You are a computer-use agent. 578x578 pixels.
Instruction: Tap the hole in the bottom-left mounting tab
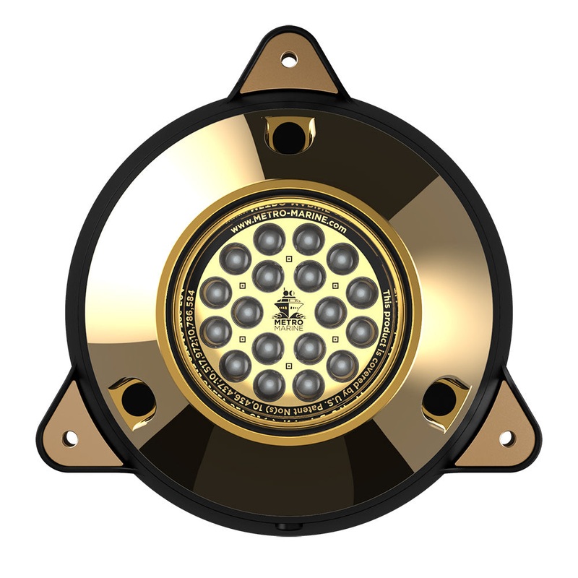coord(70,438)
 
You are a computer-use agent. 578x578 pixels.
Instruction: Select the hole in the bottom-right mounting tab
coord(507,438)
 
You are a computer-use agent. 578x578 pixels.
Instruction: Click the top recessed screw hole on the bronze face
coord(289,135)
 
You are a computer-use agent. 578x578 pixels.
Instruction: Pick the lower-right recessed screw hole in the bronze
coord(440,398)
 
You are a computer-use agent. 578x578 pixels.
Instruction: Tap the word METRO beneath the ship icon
coord(288,319)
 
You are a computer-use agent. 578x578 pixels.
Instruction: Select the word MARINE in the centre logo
coord(288,327)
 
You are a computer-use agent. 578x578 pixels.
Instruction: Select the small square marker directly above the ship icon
coord(289,258)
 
